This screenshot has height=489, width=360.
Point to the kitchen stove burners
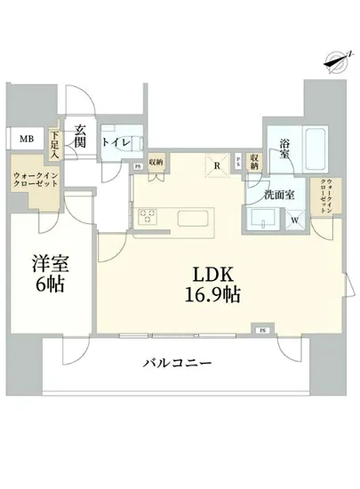click(x=147, y=216)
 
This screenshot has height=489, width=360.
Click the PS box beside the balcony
click(x=262, y=331)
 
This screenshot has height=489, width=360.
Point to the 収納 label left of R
click(x=156, y=162)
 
